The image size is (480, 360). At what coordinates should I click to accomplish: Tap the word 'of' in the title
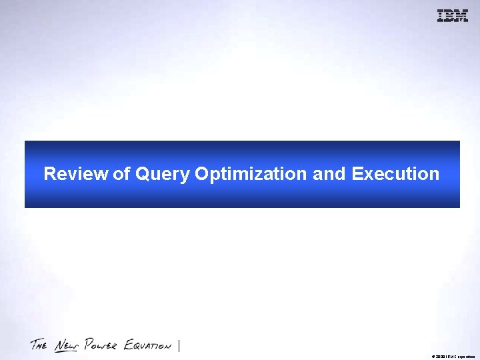(122, 174)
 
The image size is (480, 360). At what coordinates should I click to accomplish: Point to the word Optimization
(251, 175)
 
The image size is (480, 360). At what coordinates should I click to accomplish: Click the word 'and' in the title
(329, 174)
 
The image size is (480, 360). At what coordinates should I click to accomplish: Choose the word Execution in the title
(395, 174)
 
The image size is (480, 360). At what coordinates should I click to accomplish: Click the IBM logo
(453, 16)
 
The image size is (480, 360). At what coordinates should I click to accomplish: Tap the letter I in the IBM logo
(441, 16)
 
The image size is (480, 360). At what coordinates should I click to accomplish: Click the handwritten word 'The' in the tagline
(39, 345)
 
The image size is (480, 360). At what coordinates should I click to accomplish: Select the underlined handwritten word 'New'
(67, 345)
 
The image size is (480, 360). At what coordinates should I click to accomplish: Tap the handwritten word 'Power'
(102, 345)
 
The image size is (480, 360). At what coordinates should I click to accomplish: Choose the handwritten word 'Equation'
(147, 345)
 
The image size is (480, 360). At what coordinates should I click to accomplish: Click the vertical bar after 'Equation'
(179, 345)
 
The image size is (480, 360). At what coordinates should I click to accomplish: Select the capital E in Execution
(357, 174)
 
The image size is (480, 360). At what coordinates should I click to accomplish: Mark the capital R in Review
(49, 174)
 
